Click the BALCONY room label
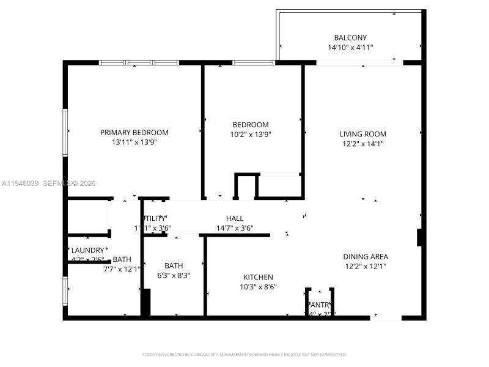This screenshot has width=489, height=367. [350, 37]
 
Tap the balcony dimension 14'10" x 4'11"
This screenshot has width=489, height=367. [350, 47]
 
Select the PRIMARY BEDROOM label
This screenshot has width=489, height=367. [134, 132]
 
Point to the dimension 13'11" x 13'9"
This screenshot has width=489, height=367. [134, 143]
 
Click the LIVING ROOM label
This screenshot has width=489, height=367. [363, 134]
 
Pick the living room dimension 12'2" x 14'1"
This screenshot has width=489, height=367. [363, 144]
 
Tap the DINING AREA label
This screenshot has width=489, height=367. [366, 256]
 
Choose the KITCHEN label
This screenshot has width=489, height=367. [258, 277]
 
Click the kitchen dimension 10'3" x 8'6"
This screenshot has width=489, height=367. [258, 286]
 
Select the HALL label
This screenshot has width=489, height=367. [235, 218]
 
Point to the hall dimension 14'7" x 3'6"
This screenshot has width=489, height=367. [235, 228]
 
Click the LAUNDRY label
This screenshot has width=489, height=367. [88, 250]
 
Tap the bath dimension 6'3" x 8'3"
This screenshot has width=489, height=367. [174, 275]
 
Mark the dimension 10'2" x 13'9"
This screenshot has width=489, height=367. [251, 135]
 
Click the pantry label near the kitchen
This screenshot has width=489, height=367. [320, 305]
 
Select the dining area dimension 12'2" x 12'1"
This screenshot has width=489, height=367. [366, 266]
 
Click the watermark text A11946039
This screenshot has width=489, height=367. [21, 183]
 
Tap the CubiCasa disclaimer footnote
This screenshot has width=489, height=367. [244, 354]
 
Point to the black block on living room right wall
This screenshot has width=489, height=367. [419, 237]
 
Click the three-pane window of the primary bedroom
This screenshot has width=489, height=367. [139, 62]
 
